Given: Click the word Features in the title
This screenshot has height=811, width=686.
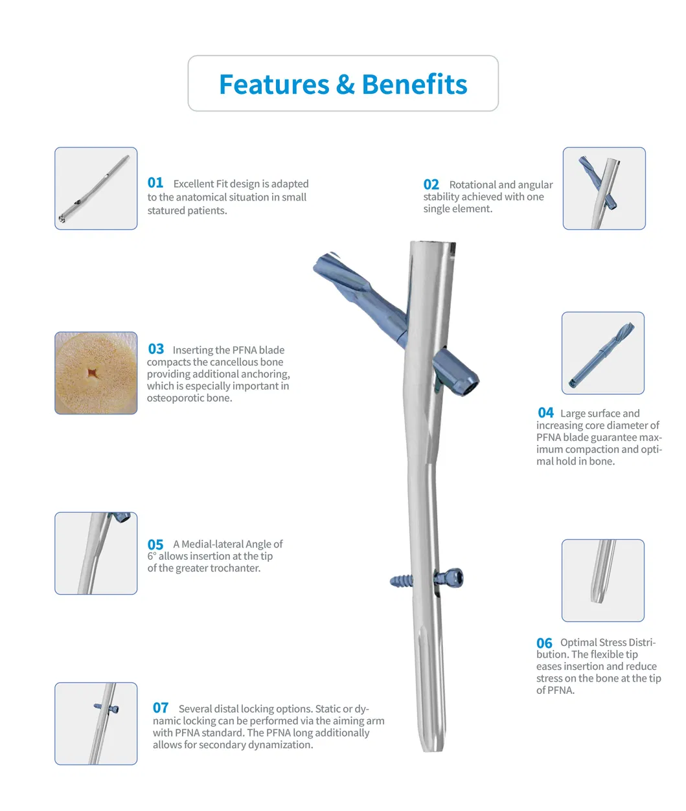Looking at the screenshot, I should [274, 85].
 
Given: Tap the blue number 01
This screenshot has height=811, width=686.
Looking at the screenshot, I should [155, 183].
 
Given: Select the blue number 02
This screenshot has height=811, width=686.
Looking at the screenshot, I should [431, 184].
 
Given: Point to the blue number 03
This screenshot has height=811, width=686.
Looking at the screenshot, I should [156, 350].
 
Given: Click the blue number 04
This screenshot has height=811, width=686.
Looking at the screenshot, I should [545, 413].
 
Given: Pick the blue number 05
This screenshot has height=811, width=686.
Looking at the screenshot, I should [155, 545].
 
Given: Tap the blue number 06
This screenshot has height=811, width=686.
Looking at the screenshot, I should [544, 643].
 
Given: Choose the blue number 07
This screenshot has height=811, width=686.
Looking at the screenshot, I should [161, 708].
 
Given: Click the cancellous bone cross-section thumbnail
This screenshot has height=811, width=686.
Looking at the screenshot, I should [96, 373].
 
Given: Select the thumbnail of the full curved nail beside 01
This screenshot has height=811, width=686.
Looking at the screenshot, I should [96, 188].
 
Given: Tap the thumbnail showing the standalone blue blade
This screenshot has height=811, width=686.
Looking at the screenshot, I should [602, 353].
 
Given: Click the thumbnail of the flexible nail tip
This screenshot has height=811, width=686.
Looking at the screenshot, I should [602, 580].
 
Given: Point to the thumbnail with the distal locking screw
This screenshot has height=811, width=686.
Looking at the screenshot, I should [96, 723].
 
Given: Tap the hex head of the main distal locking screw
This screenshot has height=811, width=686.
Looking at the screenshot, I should [453, 577].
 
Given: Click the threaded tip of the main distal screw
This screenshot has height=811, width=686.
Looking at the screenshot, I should [396, 580].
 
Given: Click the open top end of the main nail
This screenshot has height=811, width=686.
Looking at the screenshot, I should [433, 245].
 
